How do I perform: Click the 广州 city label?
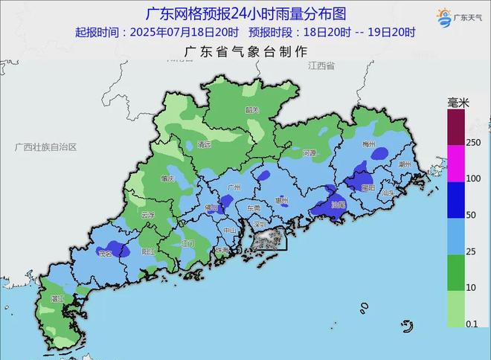[235, 187]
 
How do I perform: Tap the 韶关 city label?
[252, 109]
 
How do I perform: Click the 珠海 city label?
[221, 251]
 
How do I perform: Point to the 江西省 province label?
[321, 66]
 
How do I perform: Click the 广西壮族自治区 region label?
[45, 147]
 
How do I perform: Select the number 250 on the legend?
[474, 142]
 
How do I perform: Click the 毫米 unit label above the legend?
[458, 102]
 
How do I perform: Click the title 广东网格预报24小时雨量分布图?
[245, 13]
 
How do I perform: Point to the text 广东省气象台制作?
[245, 51]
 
